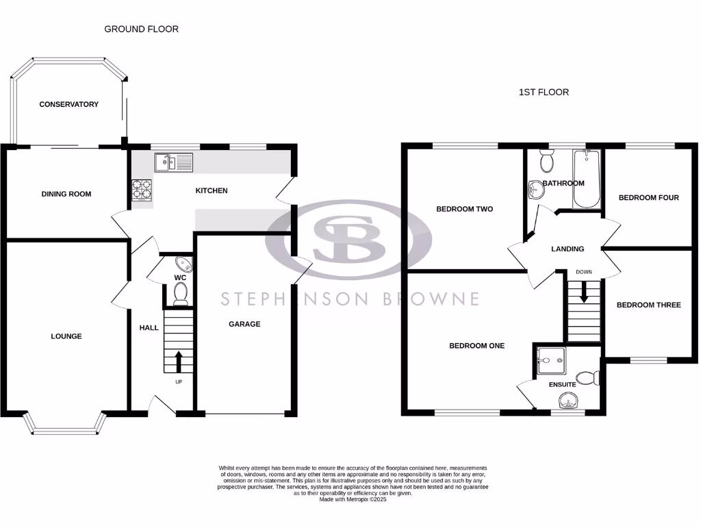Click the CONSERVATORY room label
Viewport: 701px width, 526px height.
coord(68,104)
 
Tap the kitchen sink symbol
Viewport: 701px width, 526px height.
coord(173,162)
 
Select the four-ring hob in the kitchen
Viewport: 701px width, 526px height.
coord(141,189)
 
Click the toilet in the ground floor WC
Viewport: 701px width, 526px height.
coord(181,293)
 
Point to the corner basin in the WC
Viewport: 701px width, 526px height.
coord(183,264)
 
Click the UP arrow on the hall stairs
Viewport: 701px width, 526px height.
coord(179,361)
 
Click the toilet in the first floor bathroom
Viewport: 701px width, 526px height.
coord(547,160)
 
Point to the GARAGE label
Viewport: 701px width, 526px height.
coord(244,324)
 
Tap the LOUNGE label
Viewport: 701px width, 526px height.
coord(66,336)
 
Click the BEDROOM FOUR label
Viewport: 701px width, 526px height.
coord(648,198)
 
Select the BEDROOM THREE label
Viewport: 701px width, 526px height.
coord(648,305)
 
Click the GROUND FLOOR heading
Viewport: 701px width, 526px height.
coord(141,29)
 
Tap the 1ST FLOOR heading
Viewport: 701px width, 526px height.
coord(544,92)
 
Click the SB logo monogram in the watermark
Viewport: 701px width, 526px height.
coord(349,238)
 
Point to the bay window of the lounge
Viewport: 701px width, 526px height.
coord(66,426)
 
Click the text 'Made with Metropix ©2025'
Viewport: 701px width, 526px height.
coord(353,499)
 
